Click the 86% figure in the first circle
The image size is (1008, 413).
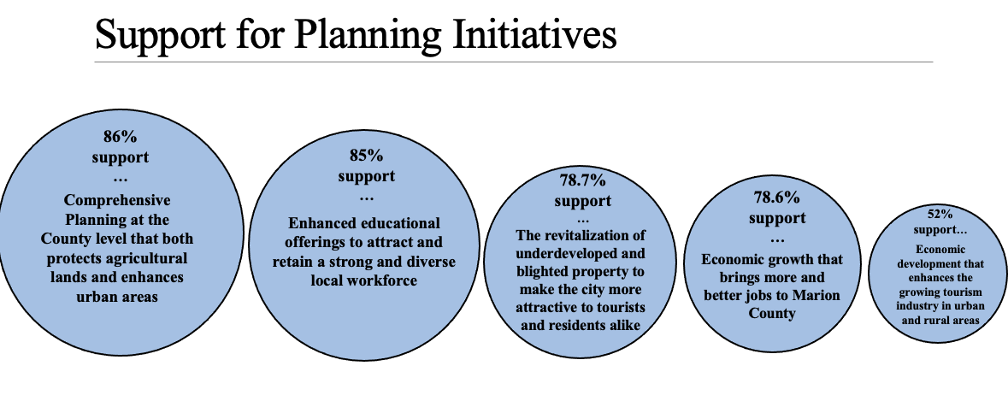pyautogui.click(x=121, y=136)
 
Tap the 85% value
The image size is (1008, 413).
pyautogui.click(x=367, y=155)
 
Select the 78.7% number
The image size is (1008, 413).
pyautogui.click(x=583, y=180)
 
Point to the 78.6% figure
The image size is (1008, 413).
pyautogui.click(x=777, y=197)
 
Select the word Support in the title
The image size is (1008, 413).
pyautogui.click(x=160, y=35)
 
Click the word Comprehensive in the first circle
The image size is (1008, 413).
pyautogui.click(x=117, y=200)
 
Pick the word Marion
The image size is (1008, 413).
pyautogui.click(x=818, y=295)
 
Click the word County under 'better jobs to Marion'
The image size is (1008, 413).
pyautogui.click(x=772, y=313)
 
